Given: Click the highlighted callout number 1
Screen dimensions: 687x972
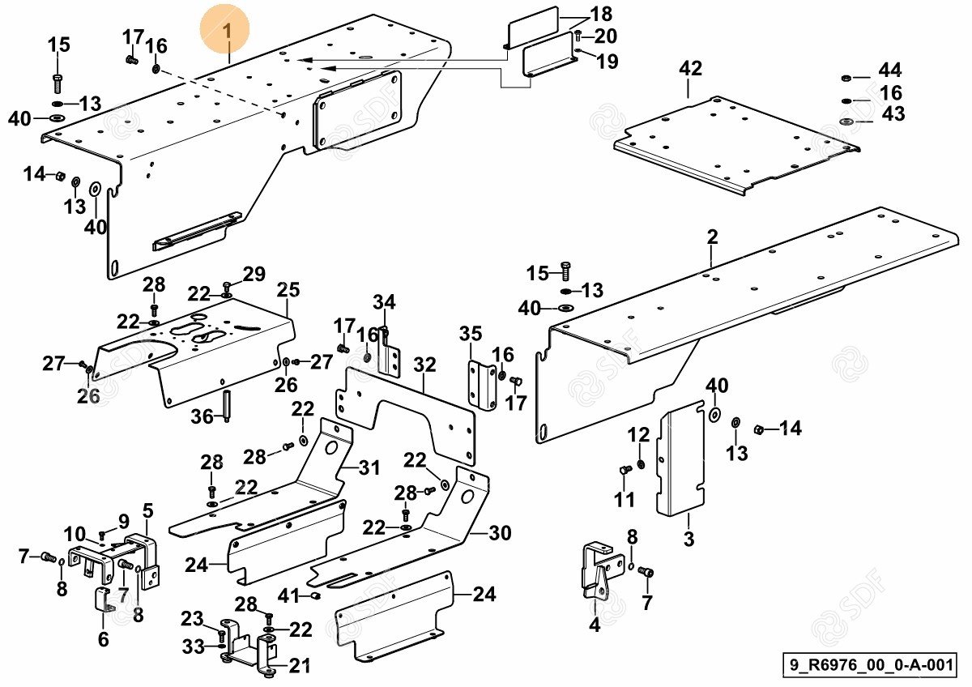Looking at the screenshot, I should click(227, 32).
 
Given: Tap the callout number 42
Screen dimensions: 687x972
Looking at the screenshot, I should click(690, 69).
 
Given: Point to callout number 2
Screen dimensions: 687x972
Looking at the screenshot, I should click(712, 237).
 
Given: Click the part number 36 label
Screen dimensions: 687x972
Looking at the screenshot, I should click(202, 416).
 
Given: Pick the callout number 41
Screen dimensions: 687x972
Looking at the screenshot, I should click(288, 596).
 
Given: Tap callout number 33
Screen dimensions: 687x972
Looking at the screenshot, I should click(193, 646).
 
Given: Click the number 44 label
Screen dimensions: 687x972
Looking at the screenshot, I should click(889, 71).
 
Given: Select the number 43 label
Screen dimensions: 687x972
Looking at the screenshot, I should click(893, 115).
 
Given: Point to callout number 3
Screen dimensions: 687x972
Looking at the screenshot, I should click(688, 539).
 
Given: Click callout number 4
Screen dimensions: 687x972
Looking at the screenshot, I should click(595, 625).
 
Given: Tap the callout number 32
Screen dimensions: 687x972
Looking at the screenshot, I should click(424, 365).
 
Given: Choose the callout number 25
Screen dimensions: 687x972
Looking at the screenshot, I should click(288, 290).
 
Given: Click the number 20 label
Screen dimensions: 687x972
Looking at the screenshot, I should click(605, 36).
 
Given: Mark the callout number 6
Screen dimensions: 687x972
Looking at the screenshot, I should click(103, 639).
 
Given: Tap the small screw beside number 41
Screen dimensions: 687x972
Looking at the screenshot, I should click(316, 597).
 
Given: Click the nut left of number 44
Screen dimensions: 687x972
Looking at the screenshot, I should click(846, 78).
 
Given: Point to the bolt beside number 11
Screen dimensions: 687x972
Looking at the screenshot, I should click(623, 470).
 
